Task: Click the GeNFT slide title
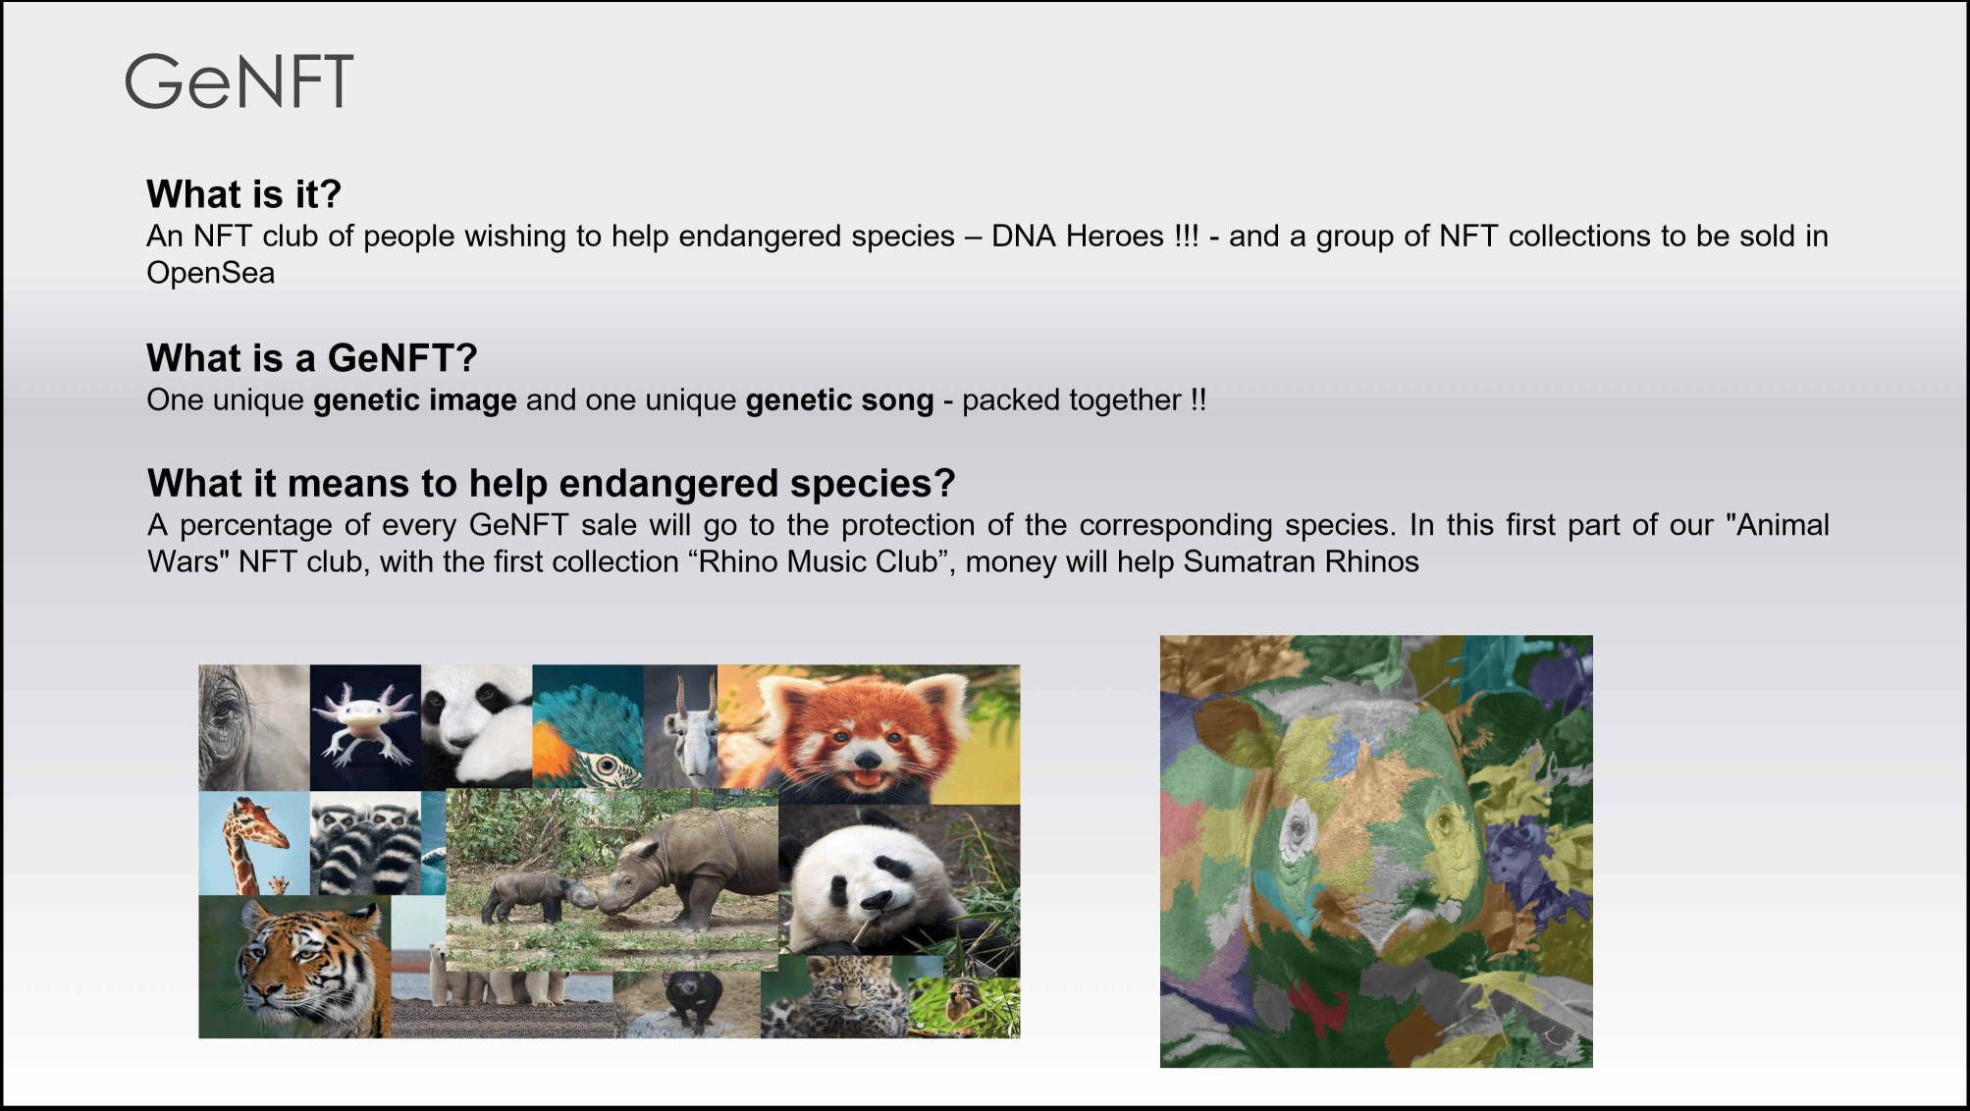(239, 81)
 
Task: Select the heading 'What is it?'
(243, 194)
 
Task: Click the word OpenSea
(210, 273)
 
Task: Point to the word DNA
(1024, 237)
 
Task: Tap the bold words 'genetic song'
(839, 400)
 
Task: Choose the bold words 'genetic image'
(414, 400)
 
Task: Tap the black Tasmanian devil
(691, 996)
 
